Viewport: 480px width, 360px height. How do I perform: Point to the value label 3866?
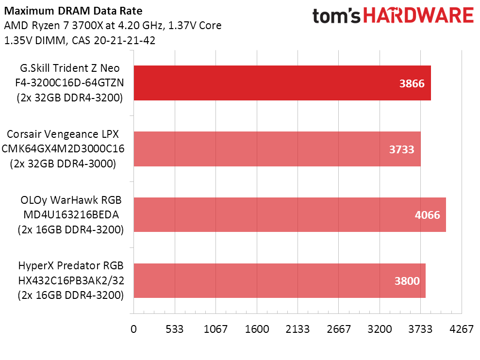[x=412, y=83]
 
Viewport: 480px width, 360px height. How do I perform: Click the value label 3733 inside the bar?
[x=401, y=149]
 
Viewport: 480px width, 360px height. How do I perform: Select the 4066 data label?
[x=427, y=215]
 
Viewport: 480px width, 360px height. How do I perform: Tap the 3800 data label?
[x=407, y=281]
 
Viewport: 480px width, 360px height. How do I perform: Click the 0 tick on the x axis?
[x=133, y=329]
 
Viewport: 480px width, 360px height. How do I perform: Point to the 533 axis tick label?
[x=175, y=329]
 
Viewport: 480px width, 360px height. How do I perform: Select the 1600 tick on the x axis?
[x=257, y=329]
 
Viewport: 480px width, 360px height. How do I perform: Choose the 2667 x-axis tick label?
[x=339, y=329]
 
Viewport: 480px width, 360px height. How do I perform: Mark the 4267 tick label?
[x=462, y=329]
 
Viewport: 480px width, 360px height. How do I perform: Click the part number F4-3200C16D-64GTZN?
[x=67, y=83]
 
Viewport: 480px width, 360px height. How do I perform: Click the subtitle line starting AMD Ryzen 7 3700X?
[x=113, y=26]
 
